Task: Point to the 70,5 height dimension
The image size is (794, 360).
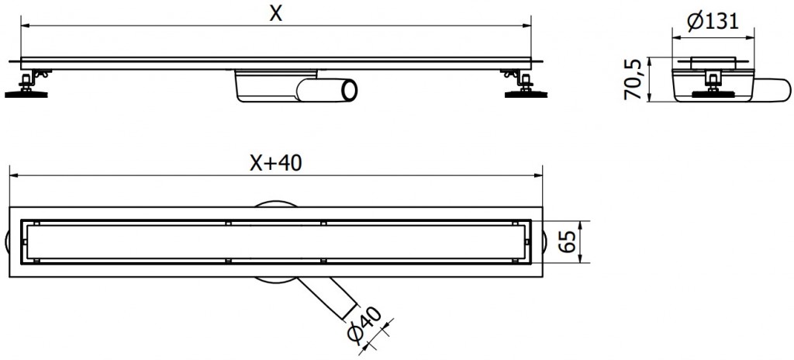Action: pyautogui.click(x=634, y=79)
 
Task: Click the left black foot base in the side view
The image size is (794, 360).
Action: pyautogui.click(x=29, y=95)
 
